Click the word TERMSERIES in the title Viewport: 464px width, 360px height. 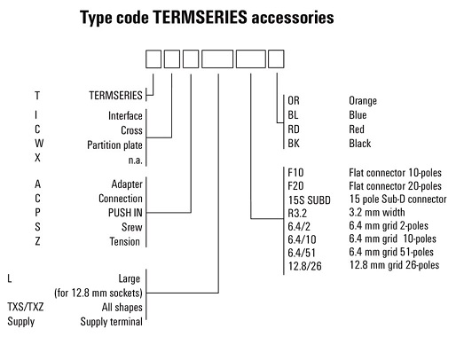coord(200,17)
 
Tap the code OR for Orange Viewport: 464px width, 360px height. coord(294,100)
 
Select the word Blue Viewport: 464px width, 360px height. coord(358,114)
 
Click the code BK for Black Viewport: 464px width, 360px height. coord(294,144)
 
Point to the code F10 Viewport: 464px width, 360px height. coord(295,172)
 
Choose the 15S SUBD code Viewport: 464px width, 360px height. coord(310,200)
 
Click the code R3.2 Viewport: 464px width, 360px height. coord(297,214)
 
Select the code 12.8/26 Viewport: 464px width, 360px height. coord(305,266)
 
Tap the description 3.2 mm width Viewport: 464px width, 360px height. coord(377,212)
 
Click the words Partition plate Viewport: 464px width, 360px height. coord(114,145)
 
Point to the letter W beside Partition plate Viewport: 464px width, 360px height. coord(39,144)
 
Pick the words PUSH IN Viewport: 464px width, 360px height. coord(125,213)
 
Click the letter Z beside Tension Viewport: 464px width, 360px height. coord(37,241)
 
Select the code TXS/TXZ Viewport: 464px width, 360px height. coord(26,307)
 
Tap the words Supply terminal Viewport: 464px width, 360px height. coord(111,322)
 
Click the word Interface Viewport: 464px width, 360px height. coord(125,115)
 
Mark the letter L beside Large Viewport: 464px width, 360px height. coord(10,278)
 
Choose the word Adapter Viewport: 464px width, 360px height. coord(127,184)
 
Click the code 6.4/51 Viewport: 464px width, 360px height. coord(302,253)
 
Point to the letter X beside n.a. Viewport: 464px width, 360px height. coord(37,158)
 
